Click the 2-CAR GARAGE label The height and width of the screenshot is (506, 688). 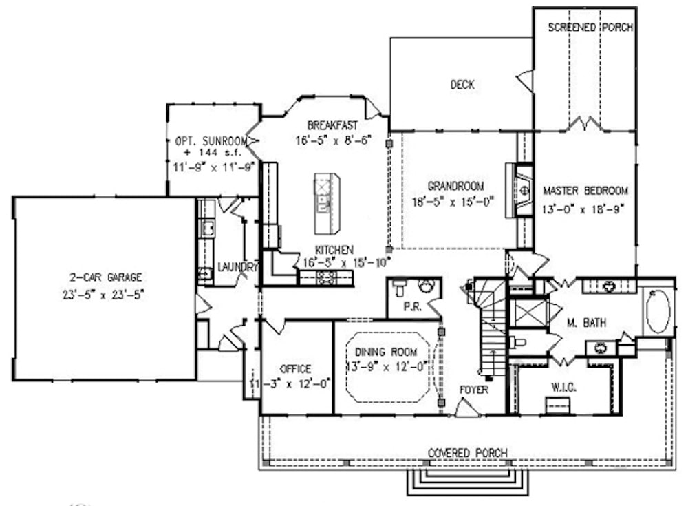click(105, 278)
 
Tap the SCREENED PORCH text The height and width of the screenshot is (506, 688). click(590, 28)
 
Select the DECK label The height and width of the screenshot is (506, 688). click(462, 85)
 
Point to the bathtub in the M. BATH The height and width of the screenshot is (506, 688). click(658, 311)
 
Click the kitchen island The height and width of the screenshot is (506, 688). click(327, 203)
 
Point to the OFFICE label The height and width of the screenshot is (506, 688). click(296, 369)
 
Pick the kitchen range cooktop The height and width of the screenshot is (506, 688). click(325, 278)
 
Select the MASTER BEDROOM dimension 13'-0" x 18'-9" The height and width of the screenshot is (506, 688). click(585, 207)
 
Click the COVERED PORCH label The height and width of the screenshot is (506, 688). click(468, 452)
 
